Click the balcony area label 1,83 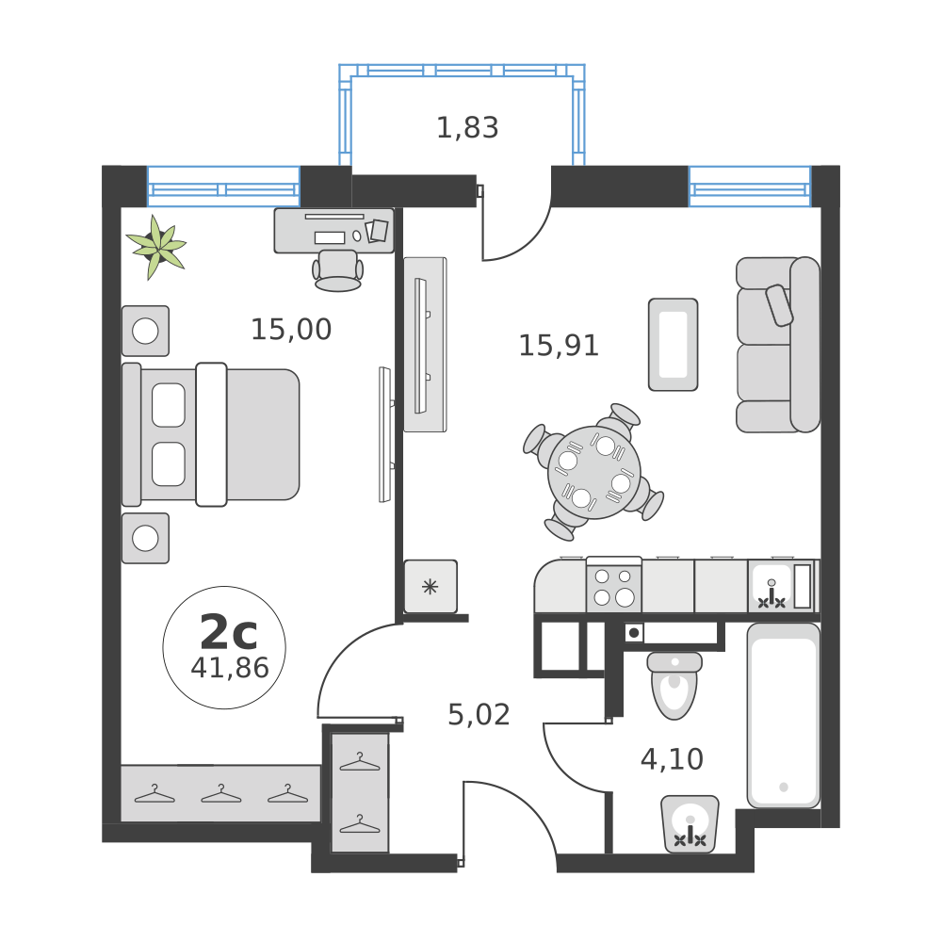coord(467,127)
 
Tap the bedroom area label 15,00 coord(290,330)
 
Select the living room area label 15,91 coord(559,346)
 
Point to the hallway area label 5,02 coord(479,715)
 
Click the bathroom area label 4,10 coord(672,759)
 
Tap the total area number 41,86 coord(230,668)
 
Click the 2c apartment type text coord(228,632)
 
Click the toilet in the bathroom coord(674,686)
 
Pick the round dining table coord(593,471)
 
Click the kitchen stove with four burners coord(613,586)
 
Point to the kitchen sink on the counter coord(771,587)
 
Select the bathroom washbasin coord(690,824)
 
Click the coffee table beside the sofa coord(673,344)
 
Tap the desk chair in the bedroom coord(337,269)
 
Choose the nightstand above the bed coord(145,331)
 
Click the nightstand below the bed coord(145,538)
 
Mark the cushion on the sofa coord(780,305)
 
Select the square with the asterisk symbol coord(430,587)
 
